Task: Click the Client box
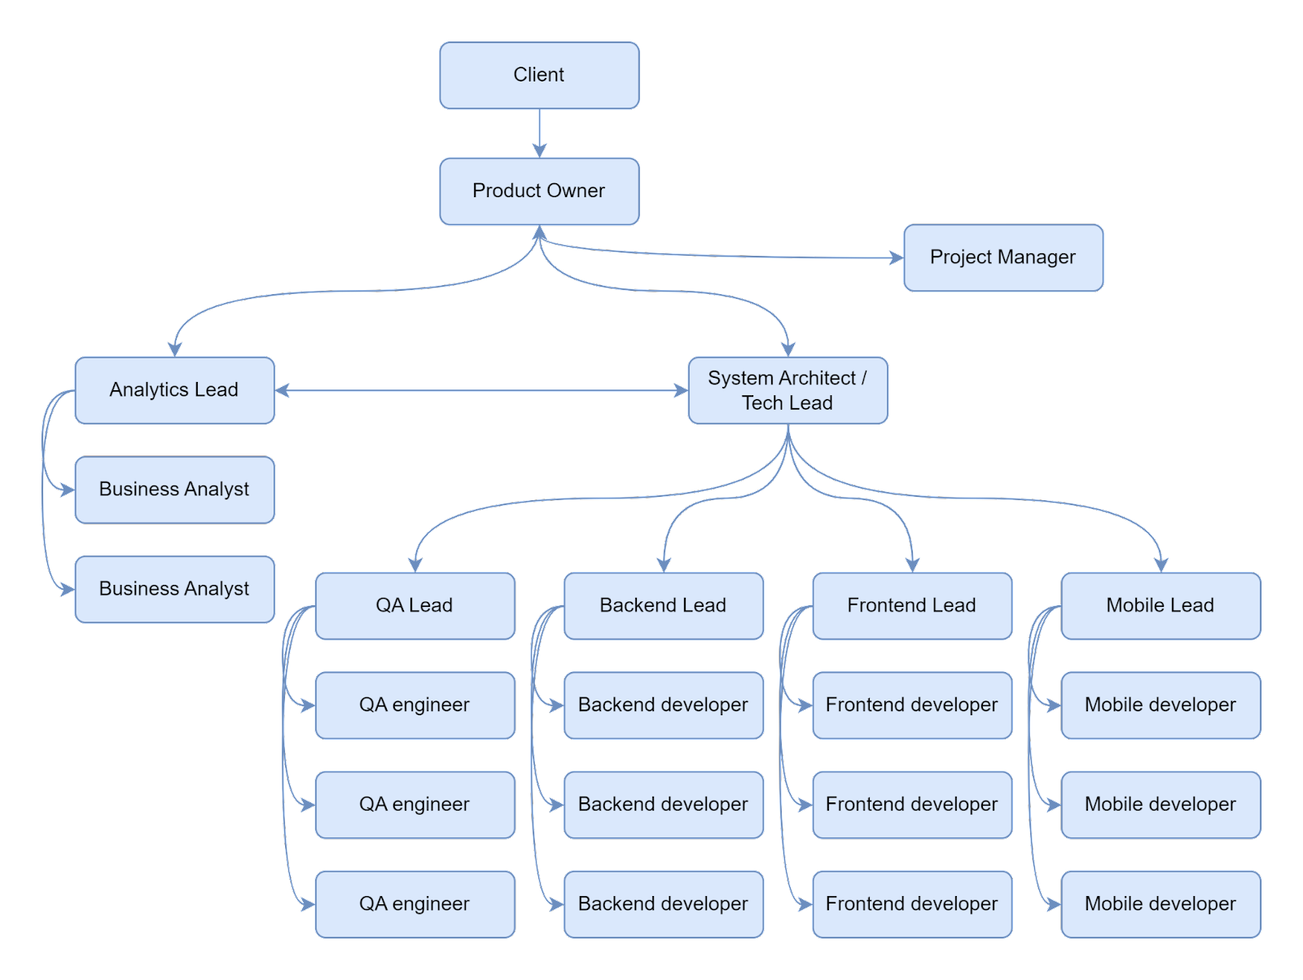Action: [x=539, y=76]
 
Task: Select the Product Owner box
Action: [x=539, y=191]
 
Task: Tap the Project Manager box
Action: [x=1003, y=257]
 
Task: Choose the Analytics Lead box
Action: [x=174, y=390]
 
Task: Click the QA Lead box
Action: [x=415, y=605]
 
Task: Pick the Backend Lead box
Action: [x=664, y=605]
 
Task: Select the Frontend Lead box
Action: [x=912, y=605]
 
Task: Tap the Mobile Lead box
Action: [x=1161, y=605]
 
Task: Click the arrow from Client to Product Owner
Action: [x=539, y=134]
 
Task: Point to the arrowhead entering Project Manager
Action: [x=897, y=257]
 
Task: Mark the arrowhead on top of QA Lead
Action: [x=415, y=565]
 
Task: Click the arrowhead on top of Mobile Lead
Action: [x=1161, y=565]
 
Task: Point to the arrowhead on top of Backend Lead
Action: [x=664, y=565]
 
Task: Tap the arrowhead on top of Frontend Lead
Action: [x=912, y=565]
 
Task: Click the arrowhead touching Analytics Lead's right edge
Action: [x=283, y=390]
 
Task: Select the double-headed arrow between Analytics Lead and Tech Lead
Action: [x=481, y=390]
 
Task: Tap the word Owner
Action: [x=575, y=191]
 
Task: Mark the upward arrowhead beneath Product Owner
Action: [x=539, y=232]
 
